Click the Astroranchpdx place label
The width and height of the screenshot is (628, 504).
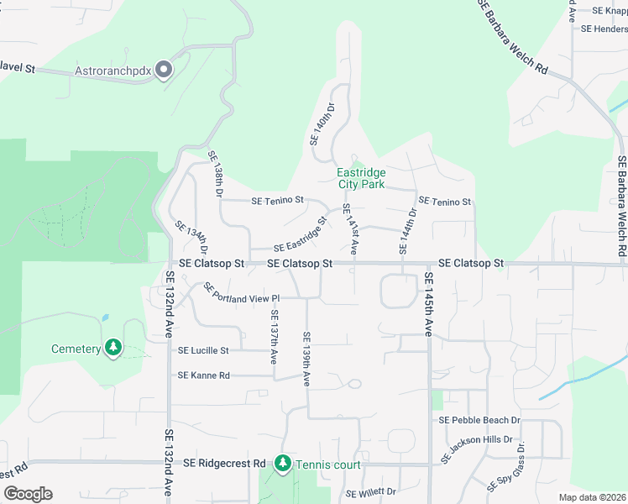click(113, 71)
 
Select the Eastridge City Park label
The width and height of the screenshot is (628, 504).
click(361, 178)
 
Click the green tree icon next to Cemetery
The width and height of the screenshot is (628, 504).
click(113, 348)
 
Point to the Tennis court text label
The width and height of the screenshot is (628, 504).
click(328, 465)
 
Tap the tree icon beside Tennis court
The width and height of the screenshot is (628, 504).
click(283, 464)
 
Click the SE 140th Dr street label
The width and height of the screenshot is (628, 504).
click(322, 123)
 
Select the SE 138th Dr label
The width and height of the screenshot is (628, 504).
click(215, 174)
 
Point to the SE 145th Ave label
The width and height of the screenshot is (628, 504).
click(428, 304)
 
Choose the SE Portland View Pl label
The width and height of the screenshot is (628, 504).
click(240, 293)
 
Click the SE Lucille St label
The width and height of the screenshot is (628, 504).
click(203, 350)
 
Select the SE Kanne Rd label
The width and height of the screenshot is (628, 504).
click(203, 375)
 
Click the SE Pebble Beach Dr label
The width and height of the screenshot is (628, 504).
click(479, 420)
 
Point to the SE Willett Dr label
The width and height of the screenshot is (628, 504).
click(370, 492)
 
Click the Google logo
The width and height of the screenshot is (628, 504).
click(28, 494)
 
